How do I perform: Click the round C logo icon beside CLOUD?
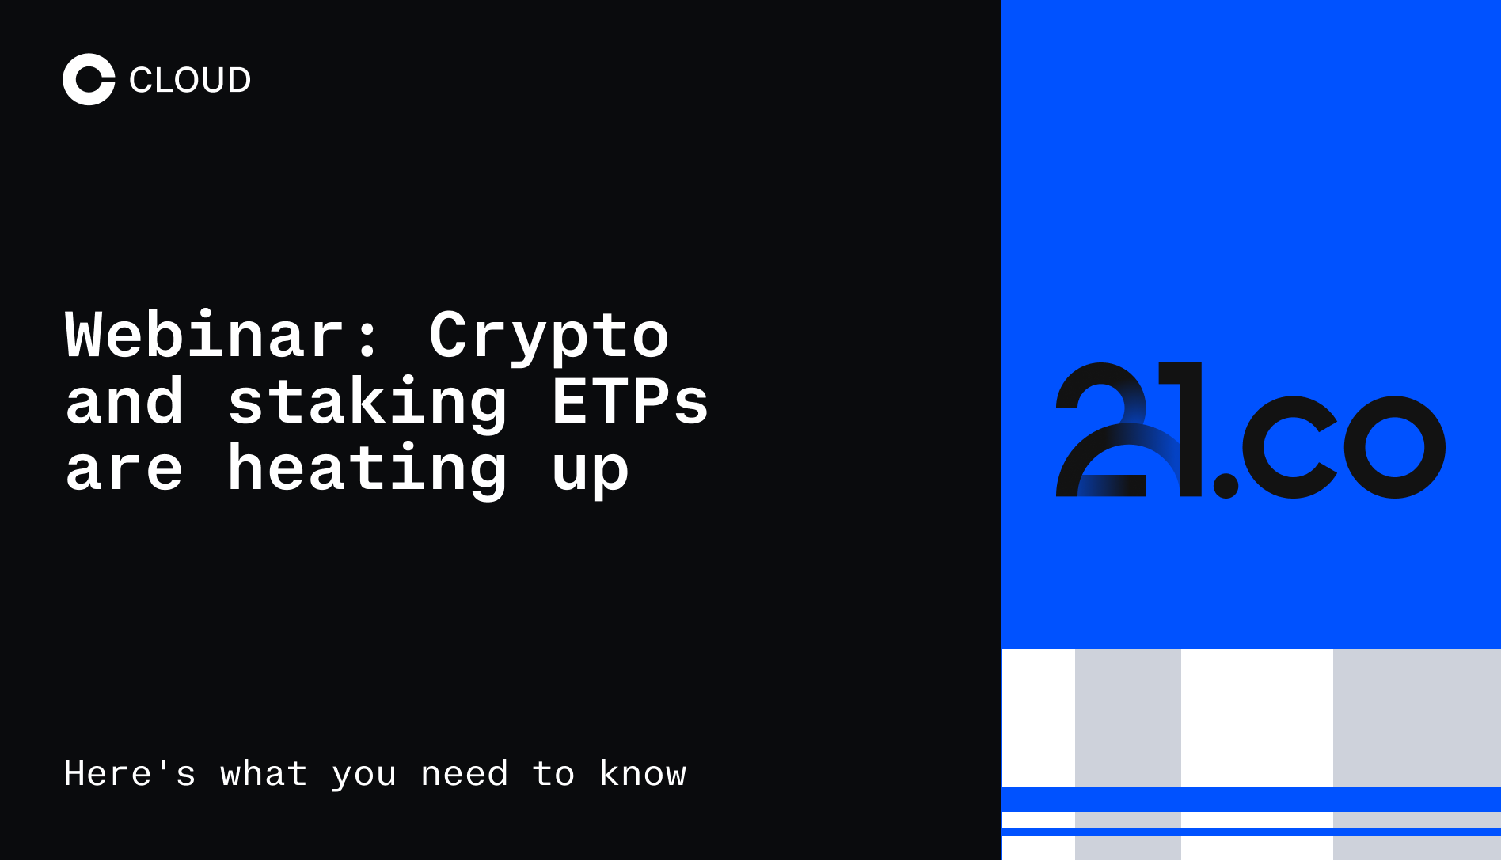(x=89, y=79)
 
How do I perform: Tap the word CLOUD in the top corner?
(x=190, y=80)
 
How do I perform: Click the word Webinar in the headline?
(x=204, y=335)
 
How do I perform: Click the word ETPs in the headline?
(x=629, y=402)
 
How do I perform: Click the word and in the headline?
(x=124, y=402)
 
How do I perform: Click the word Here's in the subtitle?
(x=130, y=773)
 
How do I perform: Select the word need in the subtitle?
(x=464, y=774)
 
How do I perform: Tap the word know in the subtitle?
(x=643, y=773)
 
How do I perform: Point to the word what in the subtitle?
(x=264, y=773)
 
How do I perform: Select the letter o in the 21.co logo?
(x=1394, y=447)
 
